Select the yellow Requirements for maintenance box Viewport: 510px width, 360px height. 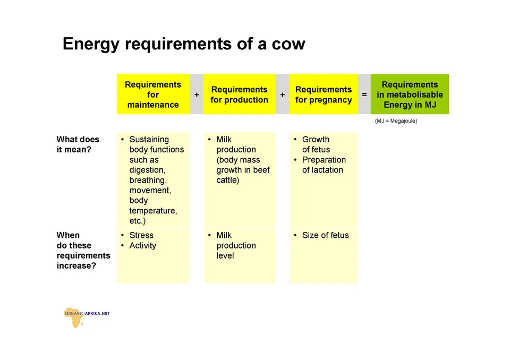(153, 95)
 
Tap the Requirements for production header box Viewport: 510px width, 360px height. (240, 95)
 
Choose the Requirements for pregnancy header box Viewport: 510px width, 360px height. (324, 95)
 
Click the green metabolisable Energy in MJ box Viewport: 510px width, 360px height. (410, 95)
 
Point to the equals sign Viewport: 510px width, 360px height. (364, 95)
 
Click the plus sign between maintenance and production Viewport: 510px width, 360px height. (197, 95)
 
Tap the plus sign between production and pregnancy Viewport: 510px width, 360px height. (282, 95)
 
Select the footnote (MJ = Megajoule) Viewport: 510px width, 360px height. (396, 121)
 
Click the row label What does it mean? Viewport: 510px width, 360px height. (78, 144)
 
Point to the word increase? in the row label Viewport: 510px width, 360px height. (76, 265)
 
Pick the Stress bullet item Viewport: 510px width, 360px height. (141, 235)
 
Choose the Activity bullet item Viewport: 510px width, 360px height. (143, 245)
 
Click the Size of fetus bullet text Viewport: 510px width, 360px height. (325, 235)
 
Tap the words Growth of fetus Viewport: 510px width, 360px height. (316, 144)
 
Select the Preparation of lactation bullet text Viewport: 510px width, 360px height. (324, 165)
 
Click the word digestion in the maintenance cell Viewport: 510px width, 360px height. (147, 170)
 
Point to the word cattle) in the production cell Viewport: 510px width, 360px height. (228, 180)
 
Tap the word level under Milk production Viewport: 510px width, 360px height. (225, 255)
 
